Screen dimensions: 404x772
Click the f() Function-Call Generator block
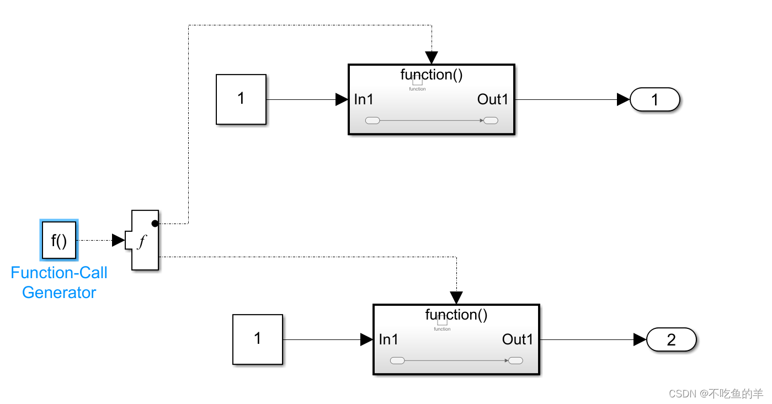coord(59,240)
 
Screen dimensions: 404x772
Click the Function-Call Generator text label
coord(59,283)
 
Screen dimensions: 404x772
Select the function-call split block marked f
coord(145,240)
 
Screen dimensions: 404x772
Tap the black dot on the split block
coord(155,224)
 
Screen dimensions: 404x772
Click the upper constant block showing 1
coord(241,99)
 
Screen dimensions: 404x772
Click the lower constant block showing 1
coord(257,339)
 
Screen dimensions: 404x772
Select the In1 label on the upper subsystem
coord(364,99)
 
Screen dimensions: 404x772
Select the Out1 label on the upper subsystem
coord(493,99)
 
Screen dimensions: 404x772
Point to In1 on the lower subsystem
coord(389,339)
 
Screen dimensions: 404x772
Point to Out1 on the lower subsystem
coord(518,339)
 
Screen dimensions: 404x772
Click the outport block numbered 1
coord(655,99)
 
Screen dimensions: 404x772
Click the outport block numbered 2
coord(671,339)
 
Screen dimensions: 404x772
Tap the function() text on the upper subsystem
coord(432,75)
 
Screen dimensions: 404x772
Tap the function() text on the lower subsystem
coord(456,315)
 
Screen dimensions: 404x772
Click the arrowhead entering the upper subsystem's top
coord(432,57)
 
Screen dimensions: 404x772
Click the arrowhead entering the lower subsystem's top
coord(456,297)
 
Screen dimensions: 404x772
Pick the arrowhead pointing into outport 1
coord(623,99)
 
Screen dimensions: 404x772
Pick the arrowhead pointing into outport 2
coord(640,339)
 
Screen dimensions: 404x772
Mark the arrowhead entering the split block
coord(118,240)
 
